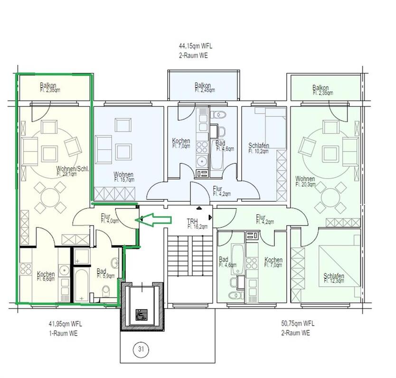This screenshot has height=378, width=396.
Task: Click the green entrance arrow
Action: coord(154,219)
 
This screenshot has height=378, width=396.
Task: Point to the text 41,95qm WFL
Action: coord(65,324)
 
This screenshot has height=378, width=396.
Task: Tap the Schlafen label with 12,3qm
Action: coord(333,278)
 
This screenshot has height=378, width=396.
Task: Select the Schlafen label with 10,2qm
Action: coord(259,148)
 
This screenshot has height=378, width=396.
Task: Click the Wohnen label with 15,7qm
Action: coord(123,177)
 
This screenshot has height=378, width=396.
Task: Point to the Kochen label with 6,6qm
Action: coord(46,276)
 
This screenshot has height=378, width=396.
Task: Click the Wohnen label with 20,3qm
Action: coord(305,181)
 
